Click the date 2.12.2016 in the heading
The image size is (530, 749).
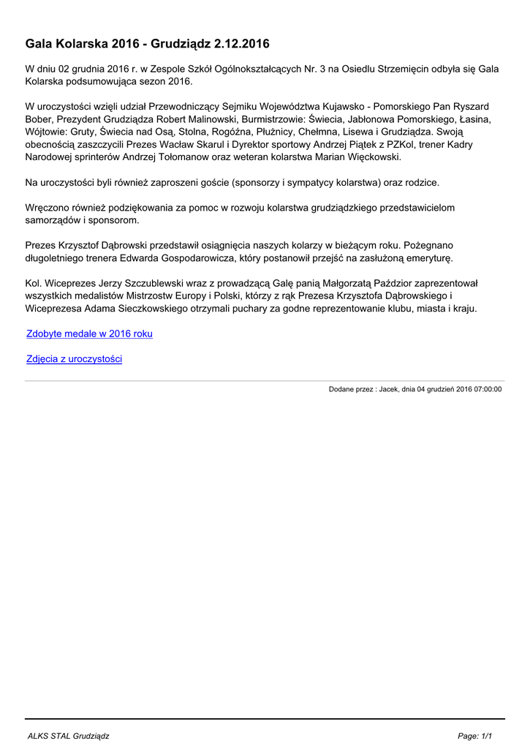pyautogui.click(x=241, y=44)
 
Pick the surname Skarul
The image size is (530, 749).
pyautogui.click(x=209, y=145)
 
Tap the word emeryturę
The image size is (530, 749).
pyautogui.click(x=419, y=257)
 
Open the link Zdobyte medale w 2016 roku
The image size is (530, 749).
pyautogui.click(x=89, y=334)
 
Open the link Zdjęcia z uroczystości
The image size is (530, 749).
pyautogui.click(x=74, y=359)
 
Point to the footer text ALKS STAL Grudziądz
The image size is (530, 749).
pyautogui.click(x=67, y=735)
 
